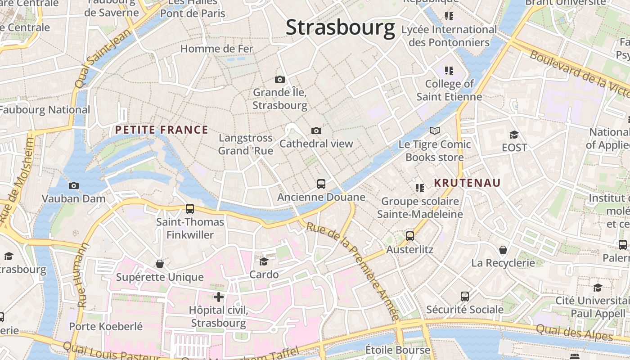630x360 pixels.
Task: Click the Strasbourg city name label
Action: pyautogui.click(x=340, y=27)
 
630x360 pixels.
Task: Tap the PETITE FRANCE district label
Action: pyautogui.click(x=162, y=130)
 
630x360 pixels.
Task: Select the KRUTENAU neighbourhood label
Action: pyautogui.click(x=467, y=183)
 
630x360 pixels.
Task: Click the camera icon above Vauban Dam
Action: pyautogui.click(x=74, y=185)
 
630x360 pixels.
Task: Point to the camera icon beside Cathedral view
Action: pyautogui.click(x=316, y=131)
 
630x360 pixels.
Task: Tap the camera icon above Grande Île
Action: pyautogui.click(x=279, y=80)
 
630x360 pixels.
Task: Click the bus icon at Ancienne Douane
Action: pyautogui.click(x=321, y=184)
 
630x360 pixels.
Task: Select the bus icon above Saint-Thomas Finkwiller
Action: pyautogui.click(x=189, y=209)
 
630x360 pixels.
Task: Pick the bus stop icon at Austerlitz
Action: pyautogui.click(x=409, y=236)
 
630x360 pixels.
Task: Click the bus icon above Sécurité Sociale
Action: pyautogui.click(x=465, y=297)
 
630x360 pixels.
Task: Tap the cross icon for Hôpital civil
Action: pyautogui.click(x=219, y=297)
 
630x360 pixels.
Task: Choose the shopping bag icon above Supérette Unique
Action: pyautogui.click(x=160, y=264)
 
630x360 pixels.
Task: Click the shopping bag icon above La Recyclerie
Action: pyautogui.click(x=503, y=249)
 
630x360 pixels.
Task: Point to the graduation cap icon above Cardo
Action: pyautogui.click(x=264, y=261)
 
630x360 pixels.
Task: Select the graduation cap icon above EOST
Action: pyautogui.click(x=514, y=135)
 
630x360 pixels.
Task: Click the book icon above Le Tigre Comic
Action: pyautogui.click(x=434, y=131)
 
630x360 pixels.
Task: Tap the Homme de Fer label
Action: pyautogui.click(x=217, y=49)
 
